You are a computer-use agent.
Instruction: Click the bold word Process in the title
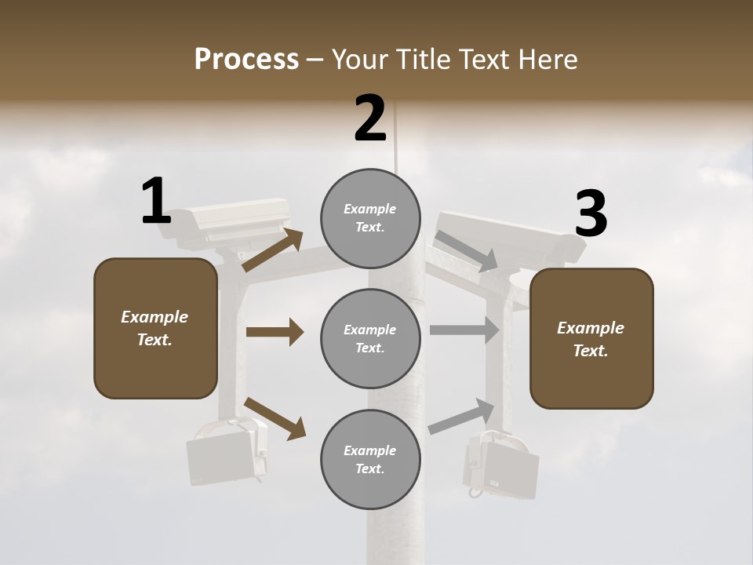click(x=246, y=60)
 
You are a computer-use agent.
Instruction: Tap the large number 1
click(x=156, y=201)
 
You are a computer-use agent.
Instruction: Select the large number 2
click(x=370, y=118)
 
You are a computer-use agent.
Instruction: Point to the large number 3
click(x=591, y=214)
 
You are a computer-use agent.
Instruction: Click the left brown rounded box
click(x=155, y=328)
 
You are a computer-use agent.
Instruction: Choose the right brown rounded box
click(x=591, y=338)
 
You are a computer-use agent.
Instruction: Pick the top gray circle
click(x=370, y=218)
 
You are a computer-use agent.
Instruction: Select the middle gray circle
click(x=370, y=338)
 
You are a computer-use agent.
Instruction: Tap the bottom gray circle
click(x=370, y=459)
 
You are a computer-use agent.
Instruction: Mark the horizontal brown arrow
click(x=275, y=332)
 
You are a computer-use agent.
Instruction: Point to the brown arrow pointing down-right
click(x=275, y=418)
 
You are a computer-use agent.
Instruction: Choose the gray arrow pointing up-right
click(x=461, y=416)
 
